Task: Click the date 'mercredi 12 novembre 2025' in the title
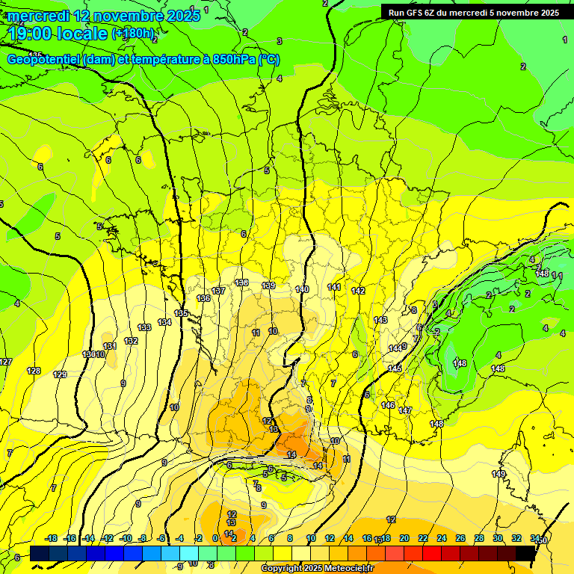pos(103,16)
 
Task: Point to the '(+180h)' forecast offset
pos(134,34)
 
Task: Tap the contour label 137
pos(218,291)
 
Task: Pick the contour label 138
pos(241,283)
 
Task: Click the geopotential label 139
pos(269,286)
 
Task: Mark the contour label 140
pos(302,289)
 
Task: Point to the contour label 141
pos(334,287)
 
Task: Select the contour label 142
pos(358,291)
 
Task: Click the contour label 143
pos(380,320)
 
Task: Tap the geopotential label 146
pos(388,405)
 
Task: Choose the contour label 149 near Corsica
pos(499,474)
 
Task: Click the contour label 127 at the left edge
pos(6,362)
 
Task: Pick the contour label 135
pos(181,313)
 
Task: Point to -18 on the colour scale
pos(52,538)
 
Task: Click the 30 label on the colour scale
pos(498,538)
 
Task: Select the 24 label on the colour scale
pos(442,538)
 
